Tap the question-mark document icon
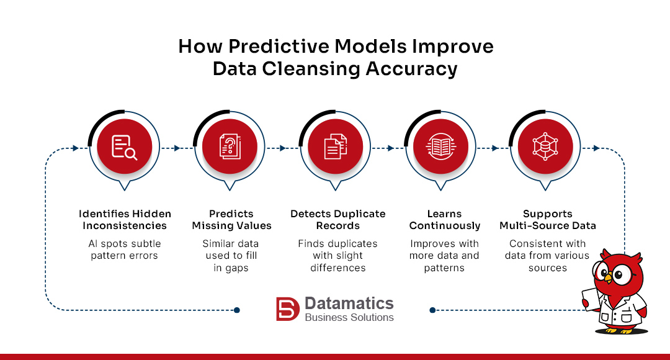pyautogui.click(x=230, y=148)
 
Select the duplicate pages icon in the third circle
pyautogui.click(x=336, y=148)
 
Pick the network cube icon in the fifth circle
pyautogui.click(x=545, y=148)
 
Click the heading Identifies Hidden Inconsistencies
pyautogui.click(x=125, y=220)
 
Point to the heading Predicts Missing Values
pyautogui.click(x=231, y=220)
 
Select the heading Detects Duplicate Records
pyautogui.click(x=337, y=220)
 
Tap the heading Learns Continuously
pyautogui.click(x=445, y=220)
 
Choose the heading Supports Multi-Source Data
pyautogui.click(x=547, y=220)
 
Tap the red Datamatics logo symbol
pyautogui.click(x=288, y=309)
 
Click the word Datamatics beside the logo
pyautogui.click(x=349, y=303)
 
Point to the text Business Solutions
pyautogui.click(x=349, y=318)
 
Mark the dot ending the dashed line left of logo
pyautogui.click(x=236, y=310)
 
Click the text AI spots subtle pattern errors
pyautogui.click(x=125, y=250)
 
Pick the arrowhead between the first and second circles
pyautogui.click(x=177, y=148)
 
